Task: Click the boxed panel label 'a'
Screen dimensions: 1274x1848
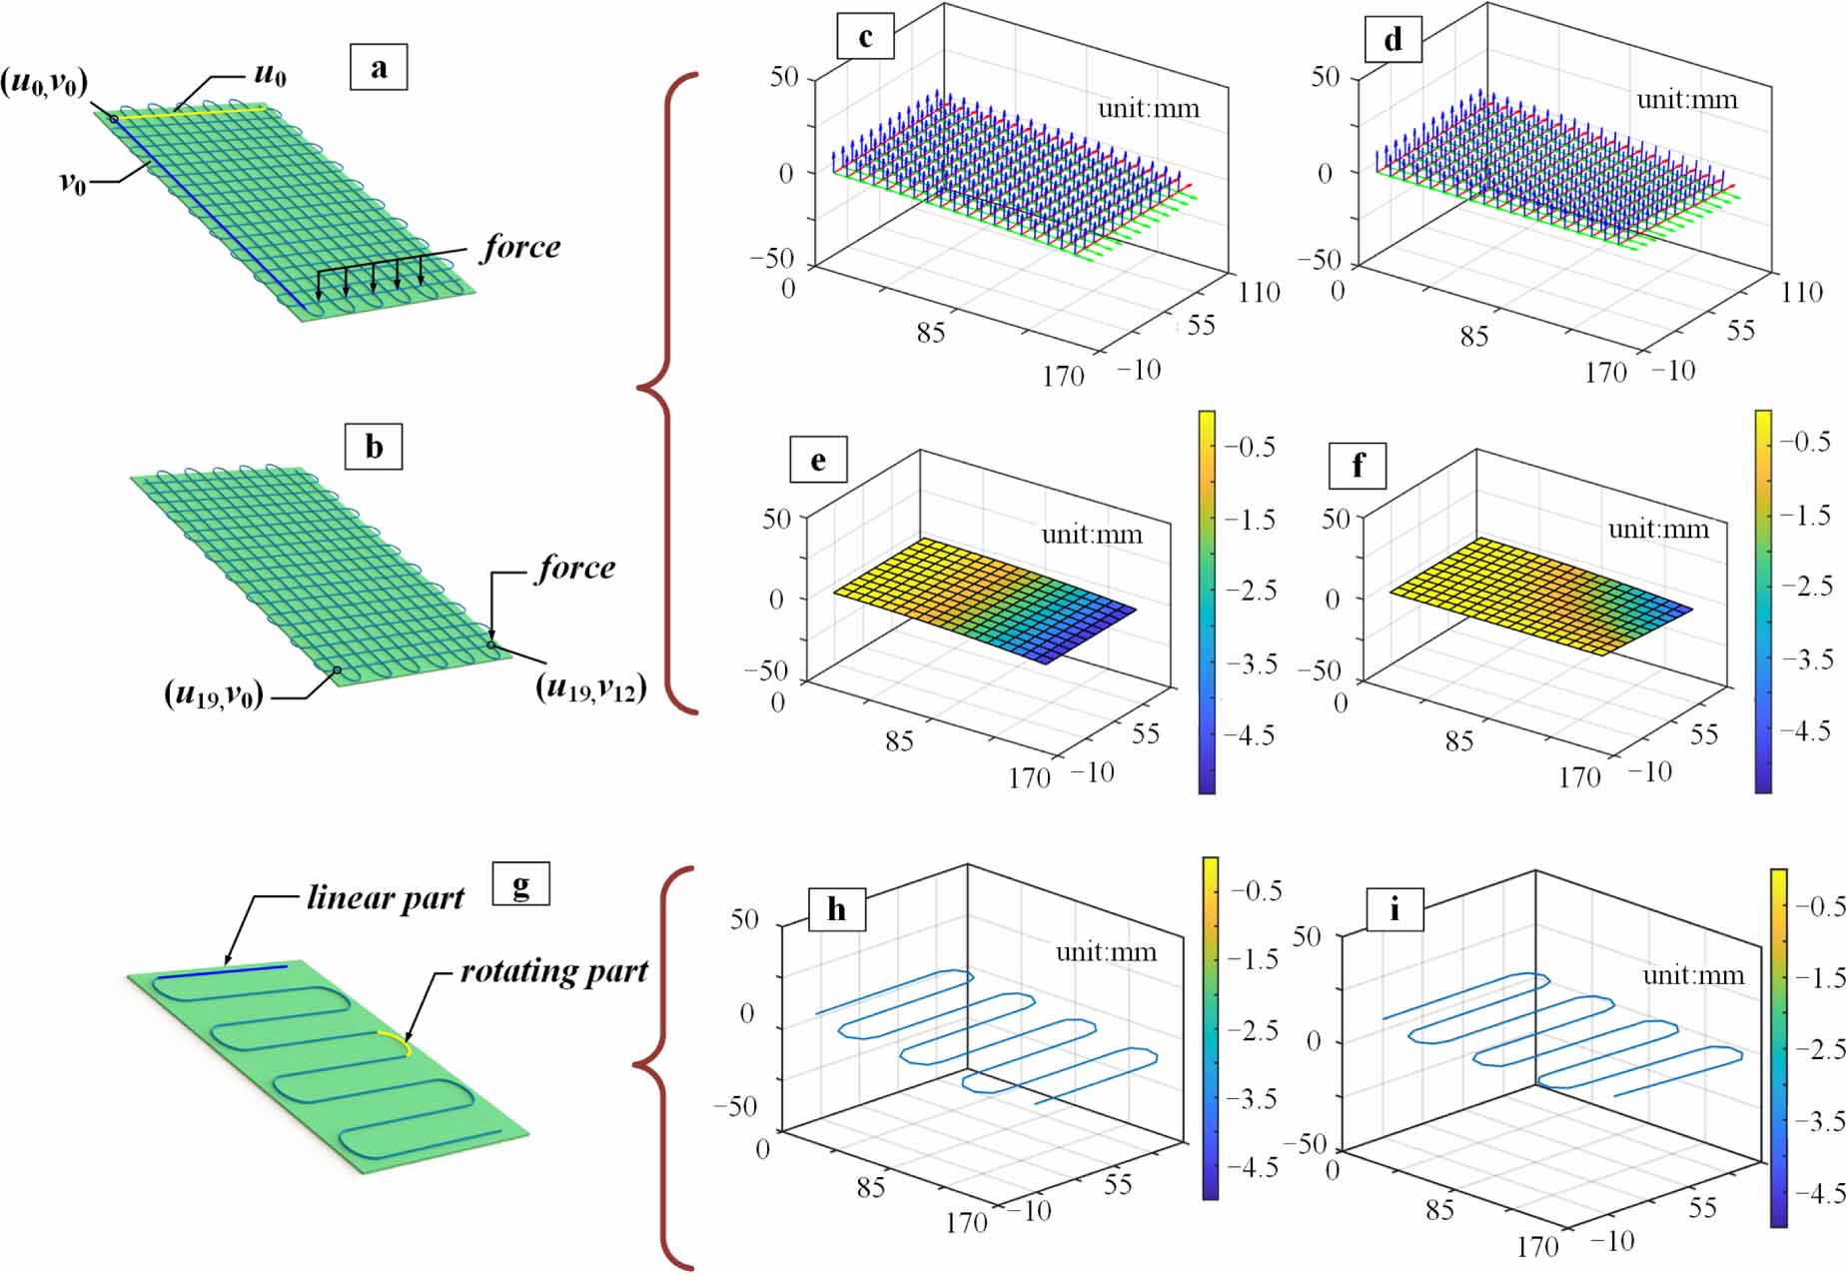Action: point(379,68)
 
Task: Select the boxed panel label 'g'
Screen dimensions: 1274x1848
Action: point(520,883)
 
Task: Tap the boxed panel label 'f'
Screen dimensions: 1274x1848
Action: point(1358,466)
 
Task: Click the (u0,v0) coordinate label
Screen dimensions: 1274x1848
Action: point(44,82)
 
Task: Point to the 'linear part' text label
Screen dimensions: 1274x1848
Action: point(385,898)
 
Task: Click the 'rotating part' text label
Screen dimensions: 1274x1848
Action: point(553,971)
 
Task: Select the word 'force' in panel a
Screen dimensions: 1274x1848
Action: point(521,247)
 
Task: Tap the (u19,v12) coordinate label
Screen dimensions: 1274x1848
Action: point(591,687)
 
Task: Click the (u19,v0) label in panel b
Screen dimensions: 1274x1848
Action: point(214,693)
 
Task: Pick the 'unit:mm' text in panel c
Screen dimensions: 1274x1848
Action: point(1148,108)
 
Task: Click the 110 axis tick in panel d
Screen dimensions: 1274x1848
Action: point(1801,292)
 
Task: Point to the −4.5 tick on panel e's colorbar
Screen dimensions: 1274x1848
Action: point(1249,735)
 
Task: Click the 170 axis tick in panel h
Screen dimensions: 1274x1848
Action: point(966,1222)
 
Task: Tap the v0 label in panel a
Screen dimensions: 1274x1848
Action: point(72,182)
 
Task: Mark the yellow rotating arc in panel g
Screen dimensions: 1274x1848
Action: point(397,1040)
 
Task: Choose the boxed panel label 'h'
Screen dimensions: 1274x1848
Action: point(836,909)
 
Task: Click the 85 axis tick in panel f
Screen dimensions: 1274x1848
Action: point(1458,741)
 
